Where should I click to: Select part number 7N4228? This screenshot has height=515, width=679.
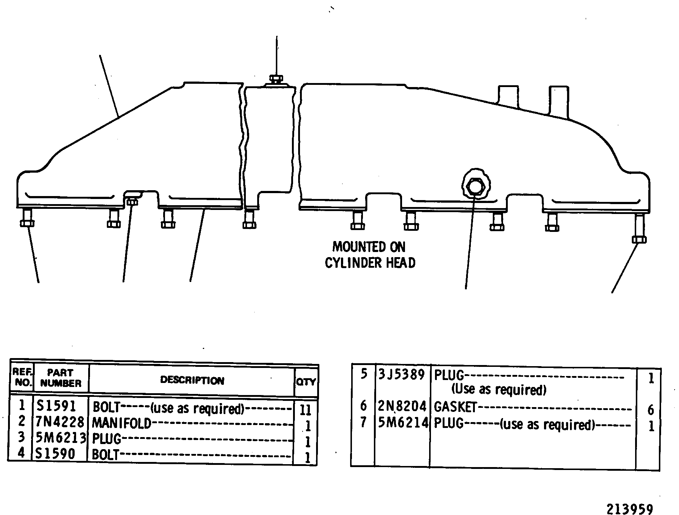60,422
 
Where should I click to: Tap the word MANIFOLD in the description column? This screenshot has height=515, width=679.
121,423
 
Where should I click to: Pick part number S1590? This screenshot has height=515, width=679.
55,454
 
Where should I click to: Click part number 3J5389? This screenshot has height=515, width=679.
402,375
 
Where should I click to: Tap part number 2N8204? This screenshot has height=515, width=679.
402,406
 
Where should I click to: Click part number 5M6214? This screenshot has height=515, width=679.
403,423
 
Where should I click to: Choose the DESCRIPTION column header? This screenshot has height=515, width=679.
192,380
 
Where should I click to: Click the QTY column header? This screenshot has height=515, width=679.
306,382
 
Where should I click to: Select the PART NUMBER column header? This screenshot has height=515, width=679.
61,378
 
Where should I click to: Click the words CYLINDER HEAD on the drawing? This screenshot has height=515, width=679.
370,263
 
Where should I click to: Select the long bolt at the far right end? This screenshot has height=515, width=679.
639,229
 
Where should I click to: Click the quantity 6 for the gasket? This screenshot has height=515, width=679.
650,410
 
